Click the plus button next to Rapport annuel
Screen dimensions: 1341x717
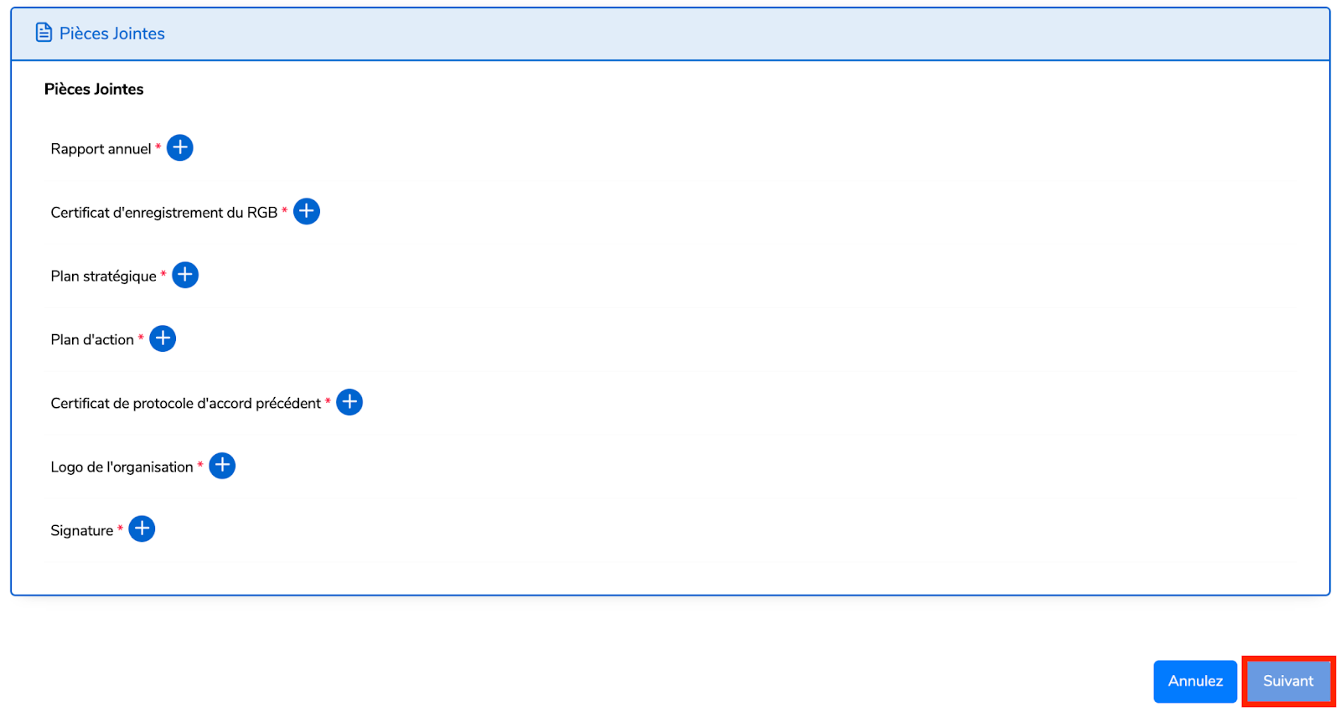(x=180, y=148)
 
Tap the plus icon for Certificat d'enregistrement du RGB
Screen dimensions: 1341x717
(x=307, y=212)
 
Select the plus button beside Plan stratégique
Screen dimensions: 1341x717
(x=185, y=275)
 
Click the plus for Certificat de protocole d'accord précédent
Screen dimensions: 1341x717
(x=349, y=402)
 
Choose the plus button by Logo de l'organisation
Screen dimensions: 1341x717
(x=222, y=466)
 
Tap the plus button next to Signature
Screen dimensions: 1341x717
(x=142, y=529)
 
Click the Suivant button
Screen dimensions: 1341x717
(x=1288, y=681)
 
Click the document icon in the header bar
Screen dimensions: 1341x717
(x=44, y=33)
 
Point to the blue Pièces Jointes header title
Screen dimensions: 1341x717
(x=111, y=34)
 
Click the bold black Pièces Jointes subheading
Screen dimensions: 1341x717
(x=94, y=89)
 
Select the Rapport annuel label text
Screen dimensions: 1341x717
(x=101, y=149)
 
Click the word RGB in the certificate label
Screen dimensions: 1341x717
(x=261, y=213)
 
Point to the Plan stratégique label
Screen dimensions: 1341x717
(x=103, y=276)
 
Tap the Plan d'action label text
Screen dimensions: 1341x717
(x=92, y=340)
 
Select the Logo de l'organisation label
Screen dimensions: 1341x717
(x=122, y=467)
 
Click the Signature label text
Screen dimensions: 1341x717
(x=81, y=531)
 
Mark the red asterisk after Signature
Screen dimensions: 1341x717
(x=120, y=528)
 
